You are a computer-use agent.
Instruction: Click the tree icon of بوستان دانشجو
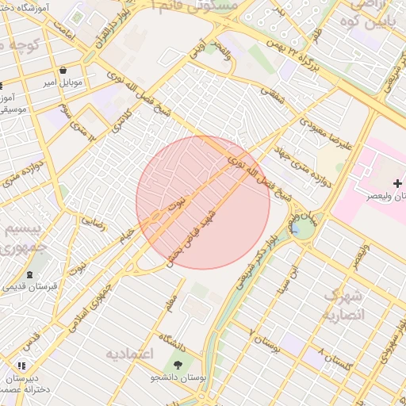[x=177, y=365]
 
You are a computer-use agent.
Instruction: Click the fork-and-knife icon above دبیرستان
[x=21, y=366]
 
